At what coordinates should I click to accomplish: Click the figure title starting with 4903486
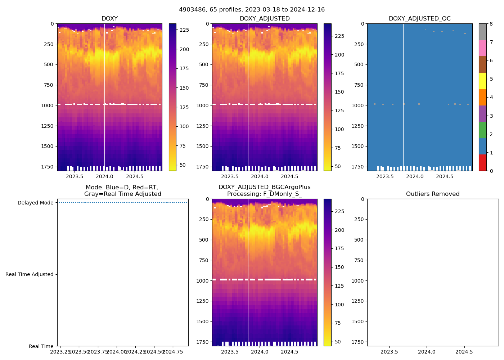coord(252,10)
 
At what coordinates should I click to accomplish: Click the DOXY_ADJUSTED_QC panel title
coord(419,19)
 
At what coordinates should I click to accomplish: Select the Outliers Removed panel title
coord(432,194)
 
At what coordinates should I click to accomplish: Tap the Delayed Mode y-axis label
coord(35,203)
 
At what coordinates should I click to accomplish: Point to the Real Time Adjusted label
coord(30,274)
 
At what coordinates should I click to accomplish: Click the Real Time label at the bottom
coord(41,346)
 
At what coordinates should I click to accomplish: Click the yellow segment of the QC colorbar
coord(482,81)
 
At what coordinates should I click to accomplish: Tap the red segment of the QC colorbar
coord(482,162)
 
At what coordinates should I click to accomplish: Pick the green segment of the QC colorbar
coord(482,130)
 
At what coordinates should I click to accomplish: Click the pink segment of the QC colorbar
coord(482,48)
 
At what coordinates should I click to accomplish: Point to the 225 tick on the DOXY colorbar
coord(184,30)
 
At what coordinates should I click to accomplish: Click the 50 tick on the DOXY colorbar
coord(183,165)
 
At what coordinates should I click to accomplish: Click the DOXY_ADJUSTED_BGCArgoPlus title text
coord(264,187)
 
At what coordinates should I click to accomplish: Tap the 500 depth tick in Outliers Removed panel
coord(360,240)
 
